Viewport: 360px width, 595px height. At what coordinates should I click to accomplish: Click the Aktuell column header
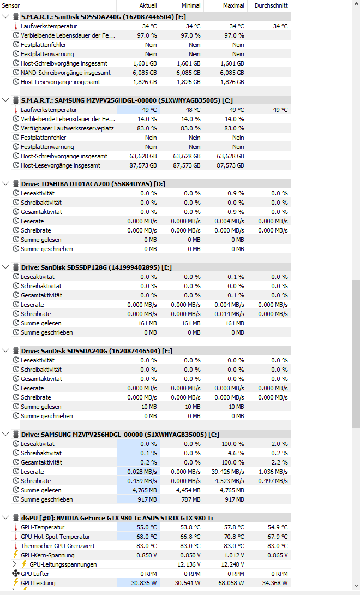(x=148, y=5)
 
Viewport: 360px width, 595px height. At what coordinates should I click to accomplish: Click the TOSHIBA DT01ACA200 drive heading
(x=93, y=183)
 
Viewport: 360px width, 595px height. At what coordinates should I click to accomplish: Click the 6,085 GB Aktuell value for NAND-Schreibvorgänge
(x=145, y=73)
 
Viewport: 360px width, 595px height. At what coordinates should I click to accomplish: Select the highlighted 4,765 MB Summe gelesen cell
(x=145, y=490)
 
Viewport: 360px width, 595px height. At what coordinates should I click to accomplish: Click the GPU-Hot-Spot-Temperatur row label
(x=56, y=537)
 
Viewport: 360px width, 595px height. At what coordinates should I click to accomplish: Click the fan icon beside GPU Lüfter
(x=16, y=574)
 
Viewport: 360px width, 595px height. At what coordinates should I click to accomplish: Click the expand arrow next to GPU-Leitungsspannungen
(x=15, y=564)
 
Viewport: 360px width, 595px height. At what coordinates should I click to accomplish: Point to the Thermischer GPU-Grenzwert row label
(x=58, y=546)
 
